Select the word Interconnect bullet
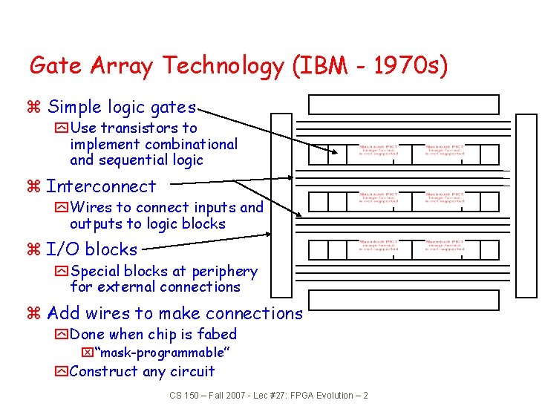click(101, 186)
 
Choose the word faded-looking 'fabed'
click(218, 334)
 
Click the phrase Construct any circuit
click(143, 371)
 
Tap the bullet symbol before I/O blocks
click(33, 250)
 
